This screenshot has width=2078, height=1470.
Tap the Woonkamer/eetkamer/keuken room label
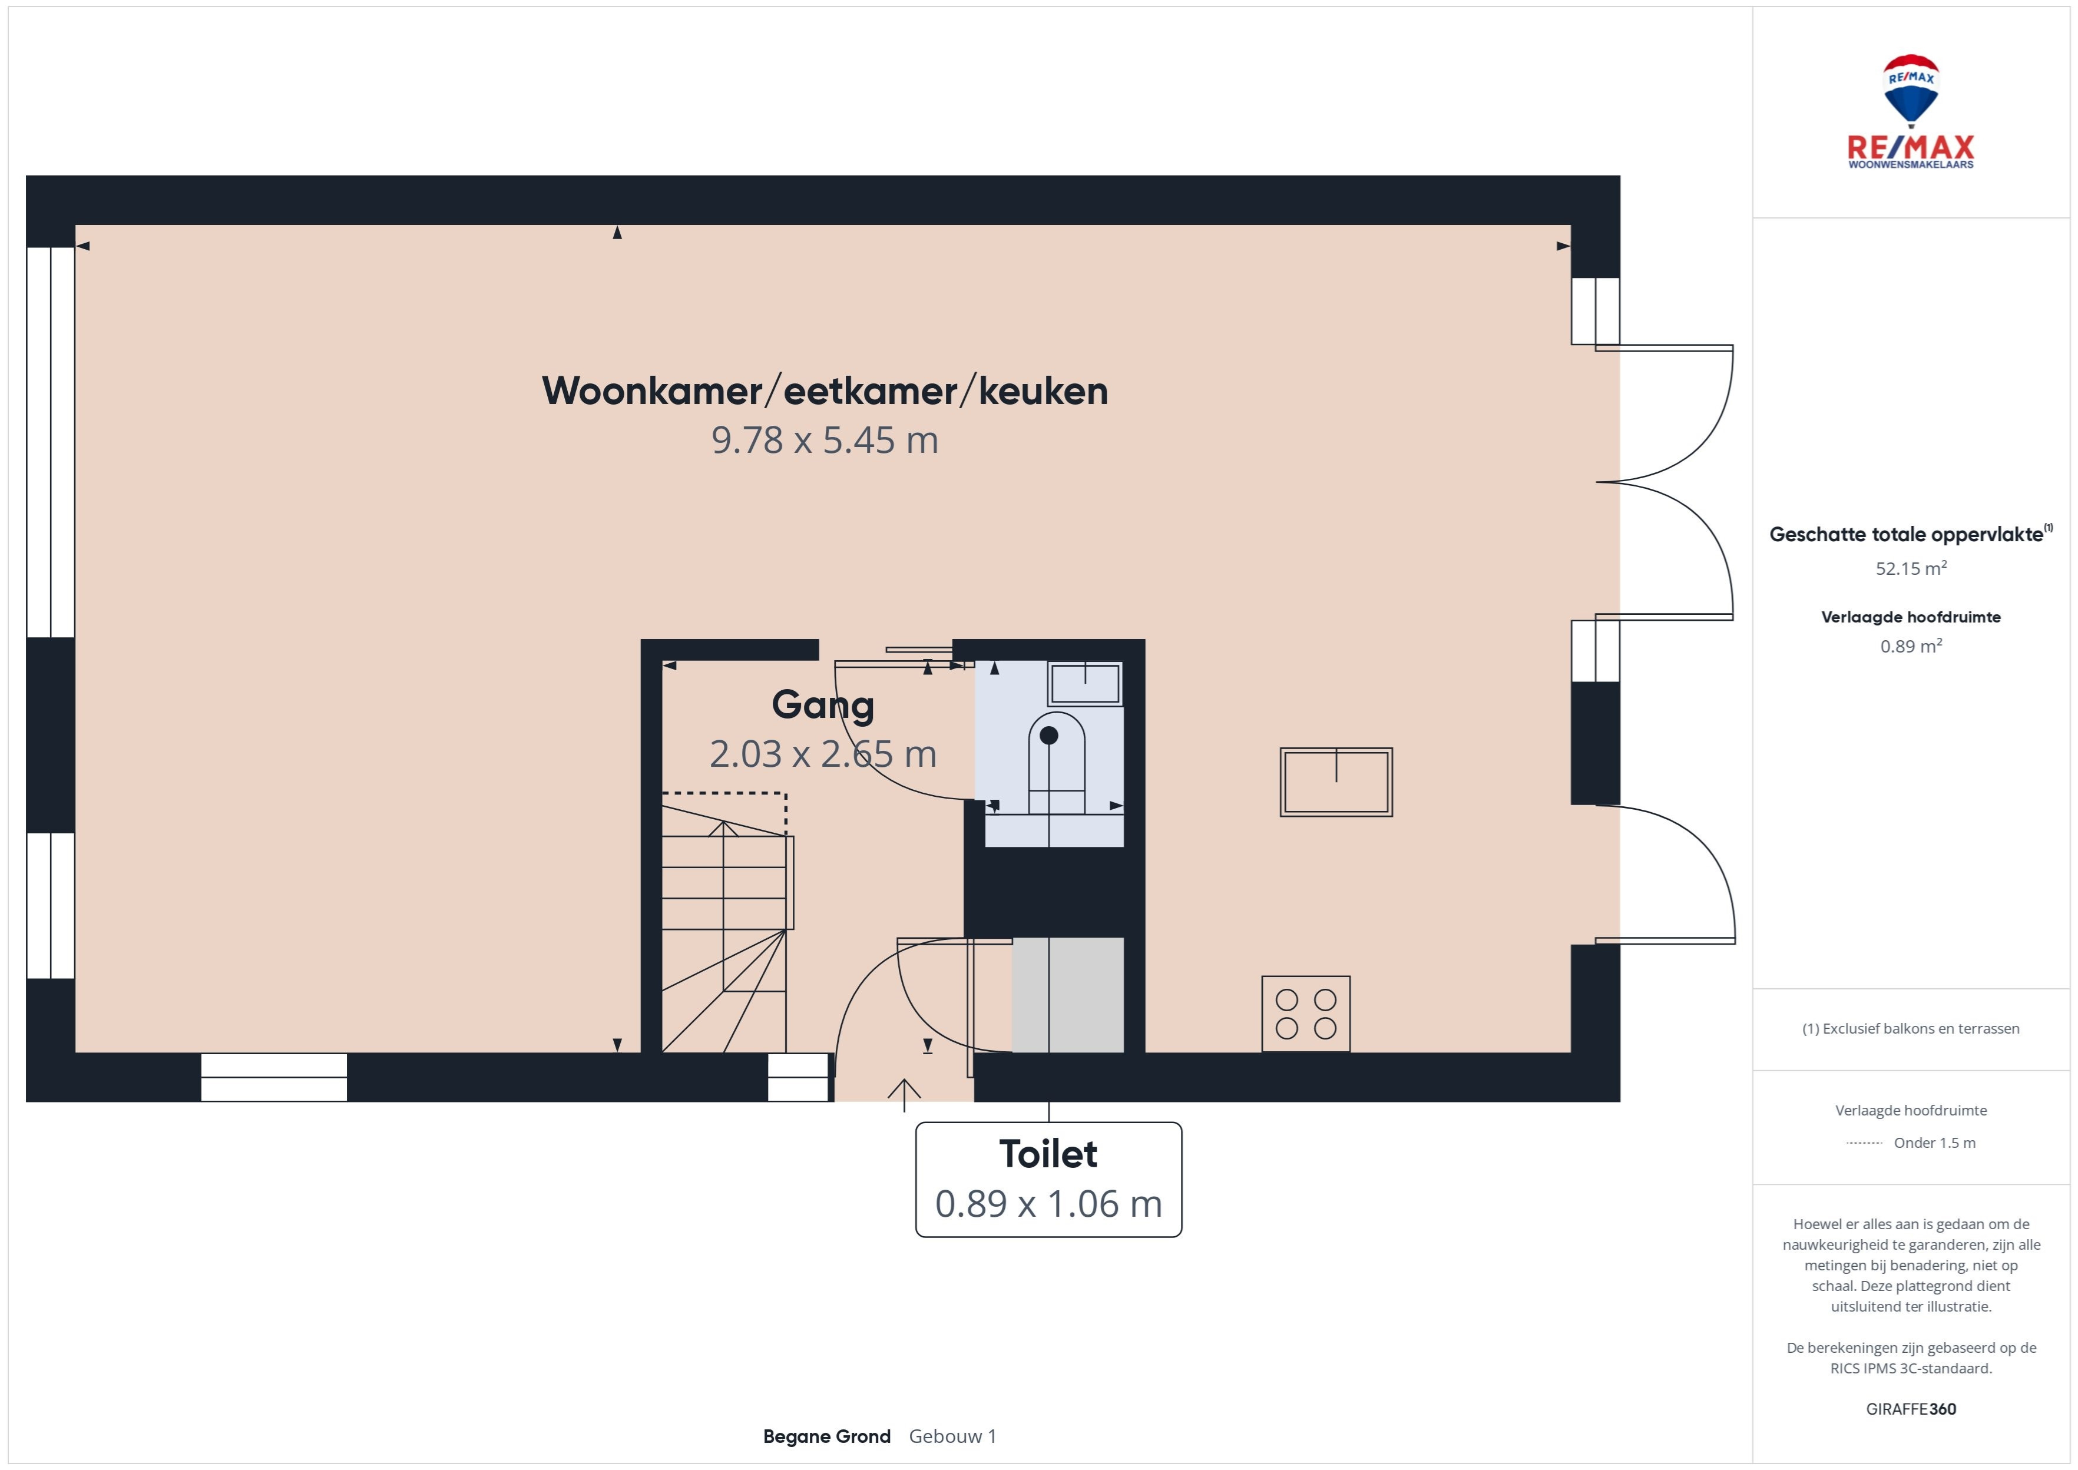pos(825,391)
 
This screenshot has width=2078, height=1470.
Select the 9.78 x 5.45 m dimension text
pos(825,441)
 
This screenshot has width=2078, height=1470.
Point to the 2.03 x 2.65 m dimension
pos(823,754)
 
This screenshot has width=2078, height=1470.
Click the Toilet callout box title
pos(1048,1154)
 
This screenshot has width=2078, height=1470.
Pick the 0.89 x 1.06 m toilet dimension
pos(1048,1204)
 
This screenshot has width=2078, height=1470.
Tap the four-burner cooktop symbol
pos(1306,1014)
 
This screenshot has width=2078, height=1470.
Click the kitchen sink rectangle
pos(1336,782)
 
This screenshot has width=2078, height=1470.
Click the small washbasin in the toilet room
pos(1085,683)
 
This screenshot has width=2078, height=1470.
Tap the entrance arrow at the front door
pos(904,1095)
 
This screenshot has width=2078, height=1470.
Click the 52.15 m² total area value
pos(1911,568)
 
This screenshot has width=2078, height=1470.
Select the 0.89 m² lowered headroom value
pos(1911,646)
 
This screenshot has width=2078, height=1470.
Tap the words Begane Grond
pos(826,1436)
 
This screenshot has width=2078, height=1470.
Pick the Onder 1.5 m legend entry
pos(1934,1143)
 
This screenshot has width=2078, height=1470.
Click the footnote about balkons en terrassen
pos(1911,1028)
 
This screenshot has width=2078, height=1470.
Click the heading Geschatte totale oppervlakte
pos(1906,535)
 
